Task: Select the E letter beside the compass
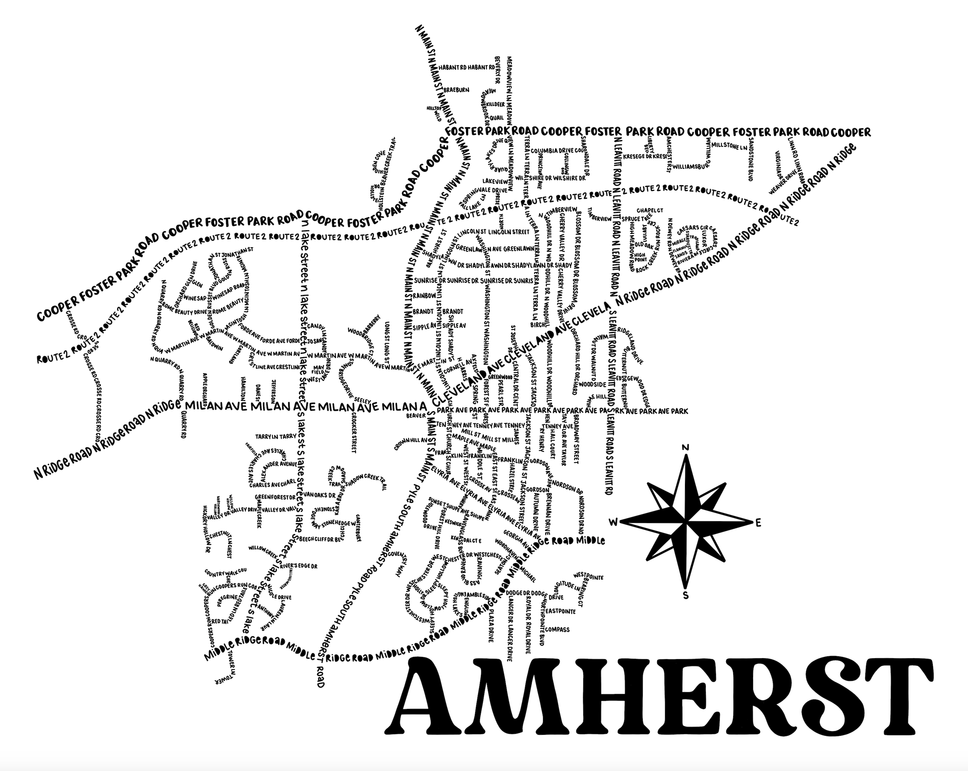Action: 758,522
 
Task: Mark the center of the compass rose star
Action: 686,522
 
